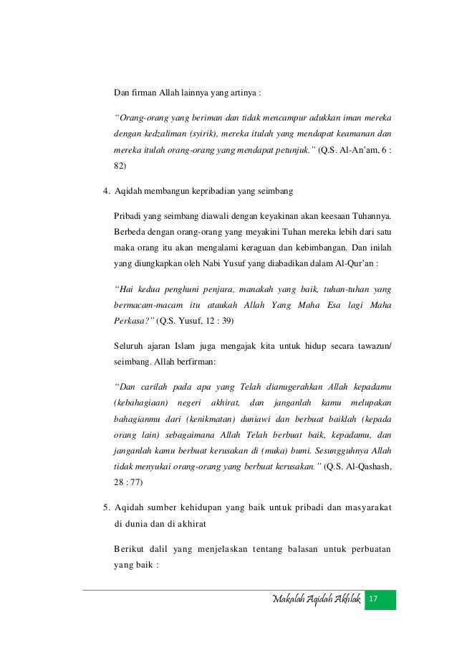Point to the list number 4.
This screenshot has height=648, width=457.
click(106, 192)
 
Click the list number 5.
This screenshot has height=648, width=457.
click(106, 509)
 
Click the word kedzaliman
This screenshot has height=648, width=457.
click(167, 133)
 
